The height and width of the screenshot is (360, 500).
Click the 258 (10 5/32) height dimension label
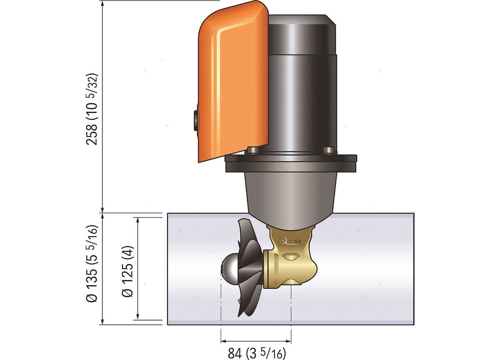click(92, 109)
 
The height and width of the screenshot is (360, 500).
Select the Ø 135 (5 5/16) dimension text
click(92, 264)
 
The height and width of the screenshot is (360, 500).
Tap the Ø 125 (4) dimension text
click(127, 271)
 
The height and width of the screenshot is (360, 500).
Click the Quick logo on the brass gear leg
click(290, 241)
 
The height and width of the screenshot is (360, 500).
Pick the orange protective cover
click(233, 82)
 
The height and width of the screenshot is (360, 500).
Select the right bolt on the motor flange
click(329, 150)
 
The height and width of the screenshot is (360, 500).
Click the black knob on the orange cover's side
click(196, 121)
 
